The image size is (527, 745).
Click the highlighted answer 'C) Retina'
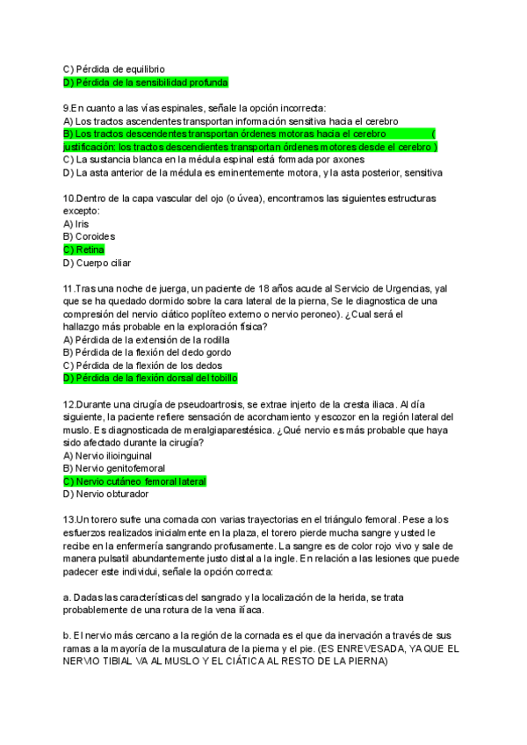[84, 250]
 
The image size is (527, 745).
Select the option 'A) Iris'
[76, 224]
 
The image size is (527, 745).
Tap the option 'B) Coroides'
[90, 236]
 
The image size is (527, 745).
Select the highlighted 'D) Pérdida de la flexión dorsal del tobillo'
[151, 378]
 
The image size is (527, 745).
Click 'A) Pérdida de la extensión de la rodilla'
[147, 339]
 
